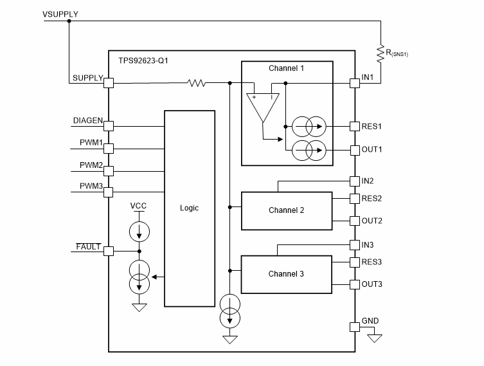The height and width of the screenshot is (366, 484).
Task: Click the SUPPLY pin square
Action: [109, 82]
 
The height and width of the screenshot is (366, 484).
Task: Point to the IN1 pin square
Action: [354, 82]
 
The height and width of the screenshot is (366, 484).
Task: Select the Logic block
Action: [190, 208]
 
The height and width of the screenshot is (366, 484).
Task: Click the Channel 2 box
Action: [287, 210]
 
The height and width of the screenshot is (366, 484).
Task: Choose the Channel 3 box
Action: [287, 274]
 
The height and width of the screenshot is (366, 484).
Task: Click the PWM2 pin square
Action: [109, 171]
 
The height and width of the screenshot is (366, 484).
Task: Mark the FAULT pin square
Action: [109, 251]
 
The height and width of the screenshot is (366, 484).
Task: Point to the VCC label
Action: [139, 206]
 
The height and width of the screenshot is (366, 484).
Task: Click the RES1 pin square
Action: [354, 126]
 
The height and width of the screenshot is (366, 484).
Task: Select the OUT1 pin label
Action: [372, 149]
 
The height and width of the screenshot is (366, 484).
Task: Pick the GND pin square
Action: [354, 326]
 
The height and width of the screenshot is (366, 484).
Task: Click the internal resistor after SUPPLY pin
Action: [196, 82]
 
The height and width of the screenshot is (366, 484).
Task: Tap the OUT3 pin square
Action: [354, 284]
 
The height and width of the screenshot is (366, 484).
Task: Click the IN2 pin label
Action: [368, 181]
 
